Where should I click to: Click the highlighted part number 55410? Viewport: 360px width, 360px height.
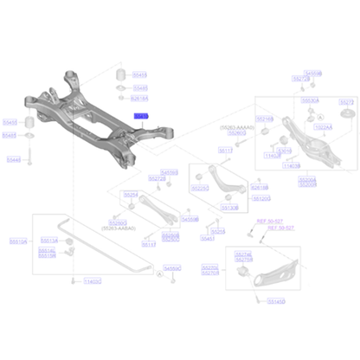tap(140, 114)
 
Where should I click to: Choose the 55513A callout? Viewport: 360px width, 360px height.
tap(49, 241)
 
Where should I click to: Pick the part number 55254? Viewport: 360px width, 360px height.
tap(131, 195)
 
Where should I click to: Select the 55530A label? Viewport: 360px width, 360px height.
tap(309, 100)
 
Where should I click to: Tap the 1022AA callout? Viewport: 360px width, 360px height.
tap(322, 126)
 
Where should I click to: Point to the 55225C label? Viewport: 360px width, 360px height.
tap(199, 188)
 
